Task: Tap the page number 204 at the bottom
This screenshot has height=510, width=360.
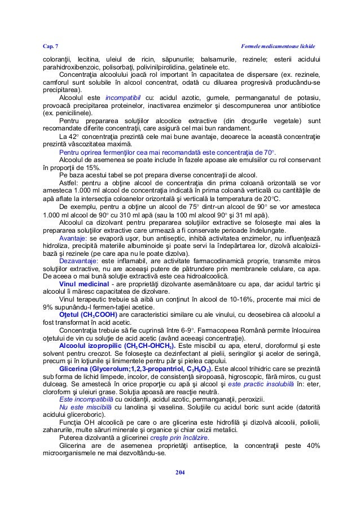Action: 179,472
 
